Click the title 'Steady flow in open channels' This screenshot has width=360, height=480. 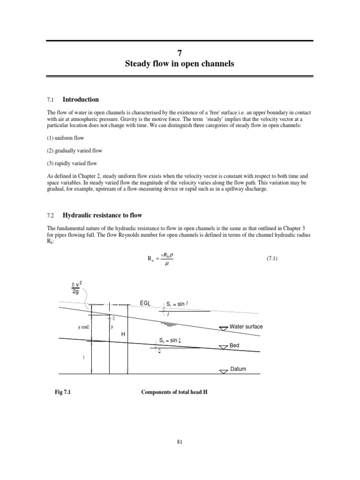(180, 63)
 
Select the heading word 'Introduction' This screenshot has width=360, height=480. (81, 99)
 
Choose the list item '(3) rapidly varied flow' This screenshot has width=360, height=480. (71, 163)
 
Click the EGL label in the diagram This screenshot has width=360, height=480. (145, 303)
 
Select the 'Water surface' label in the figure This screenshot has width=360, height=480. (246, 326)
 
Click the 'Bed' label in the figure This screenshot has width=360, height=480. (235, 345)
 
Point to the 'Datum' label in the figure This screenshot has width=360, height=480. (238, 369)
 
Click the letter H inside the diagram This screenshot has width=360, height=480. (123, 334)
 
